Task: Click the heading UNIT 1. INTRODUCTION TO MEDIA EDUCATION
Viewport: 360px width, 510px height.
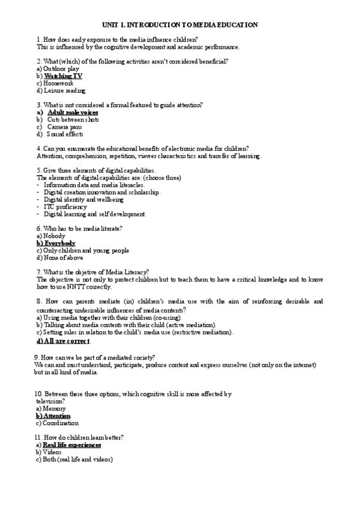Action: point(180,25)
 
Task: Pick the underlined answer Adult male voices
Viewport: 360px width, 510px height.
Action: point(73,112)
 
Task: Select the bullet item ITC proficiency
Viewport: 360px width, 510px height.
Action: point(66,207)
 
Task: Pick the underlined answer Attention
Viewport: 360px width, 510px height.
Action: point(56,416)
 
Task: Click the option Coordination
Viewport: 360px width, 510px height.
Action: point(61,423)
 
